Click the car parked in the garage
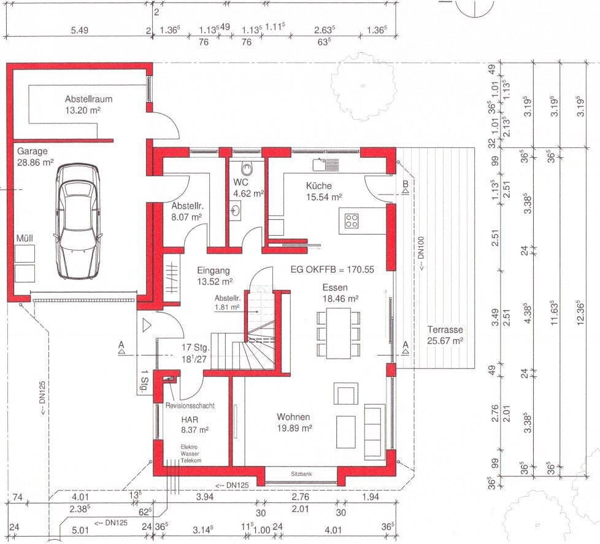pyautogui.click(x=79, y=221)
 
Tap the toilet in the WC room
pyautogui.click(x=248, y=168)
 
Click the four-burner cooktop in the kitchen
pyautogui.click(x=352, y=220)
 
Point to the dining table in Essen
pyautogui.click(x=338, y=333)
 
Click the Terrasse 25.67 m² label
pyautogui.click(x=445, y=335)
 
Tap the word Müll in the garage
pyautogui.click(x=25, y=238)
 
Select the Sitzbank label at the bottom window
pyautogui.click(x=301, y=474)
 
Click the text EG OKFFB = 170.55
pyautogui.click(x=332, y=270)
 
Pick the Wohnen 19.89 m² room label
pyautogui.click(x=294, y=422)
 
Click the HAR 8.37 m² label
pyautogui.click(x=194, y=425)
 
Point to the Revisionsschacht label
pyautogui.click(x=190, y=406)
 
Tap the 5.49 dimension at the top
pyautogui.click(x=80, y=30)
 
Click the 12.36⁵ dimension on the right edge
pyautogui.click(x=580, y=313)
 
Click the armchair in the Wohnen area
pyautogui.click(x=346, y=394)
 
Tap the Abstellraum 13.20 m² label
pyautogui.click(x=89, y=104)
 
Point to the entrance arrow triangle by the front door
pyautogui.click(x=147, y=325)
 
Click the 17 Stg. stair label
pyautogui.click(x=195, y=348)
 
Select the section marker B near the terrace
pyautogui.click(x=406, y=184)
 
